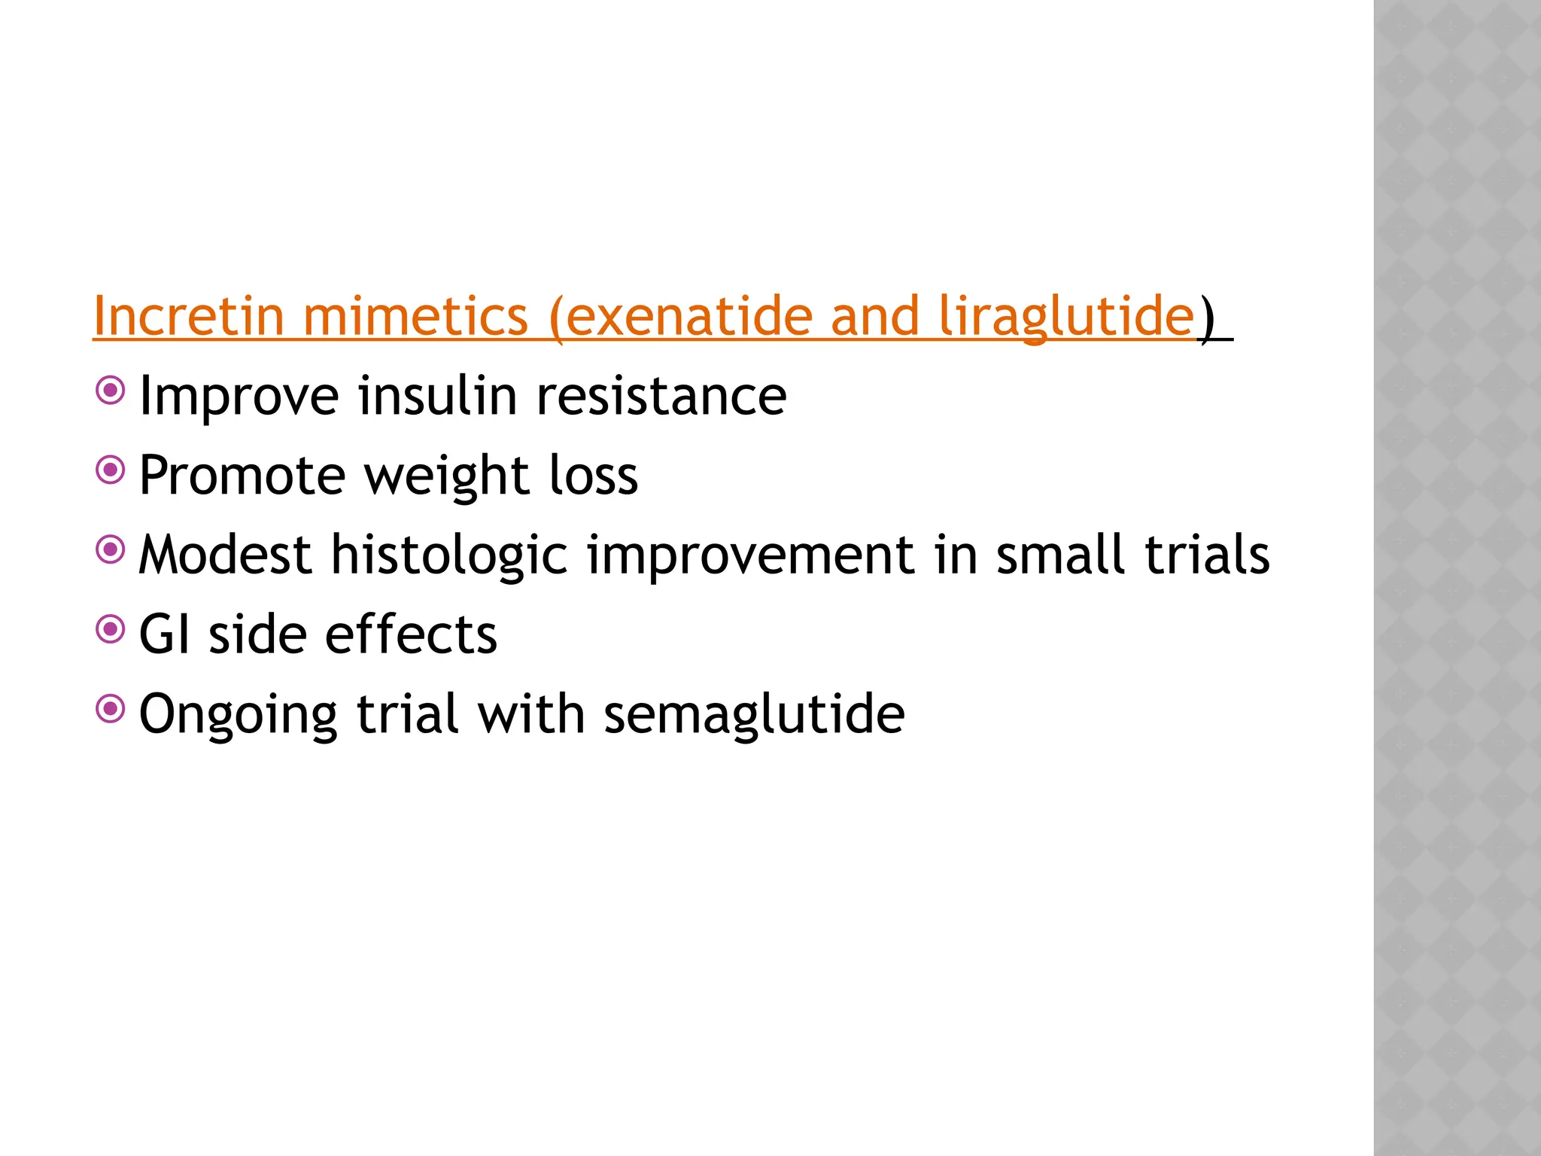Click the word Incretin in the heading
189,316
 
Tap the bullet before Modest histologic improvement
111,550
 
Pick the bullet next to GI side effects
111,630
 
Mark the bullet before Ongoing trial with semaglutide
111,709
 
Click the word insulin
437,396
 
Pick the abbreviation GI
164,634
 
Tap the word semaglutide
754,715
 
